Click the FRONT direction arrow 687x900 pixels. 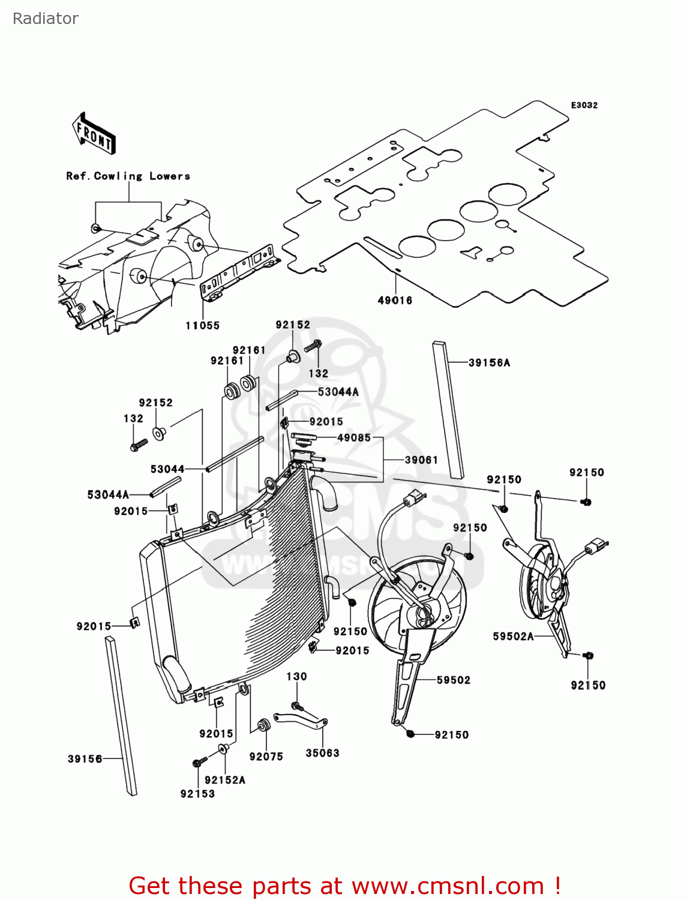tap(94, 133)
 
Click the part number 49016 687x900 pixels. tap(395, 301)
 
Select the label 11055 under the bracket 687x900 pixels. tap(202, 326)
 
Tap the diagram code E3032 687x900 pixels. tap(584, 105)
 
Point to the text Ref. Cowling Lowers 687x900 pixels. tap(128, 176)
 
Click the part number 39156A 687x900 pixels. tap(489, 362)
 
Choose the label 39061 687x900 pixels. tap(421, 460)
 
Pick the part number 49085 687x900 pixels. tap(354, 437)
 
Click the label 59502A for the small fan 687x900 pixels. tap(513, 636)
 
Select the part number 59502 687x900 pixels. tap(454, 680)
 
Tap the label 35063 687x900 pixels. tap(322, 753)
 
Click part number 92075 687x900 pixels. tap(266, 757)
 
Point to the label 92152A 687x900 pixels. tap(225, 780)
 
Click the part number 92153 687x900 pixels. tap(197, 794)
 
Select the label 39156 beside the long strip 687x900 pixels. tap(85, 759)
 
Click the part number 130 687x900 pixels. tap(296, 676)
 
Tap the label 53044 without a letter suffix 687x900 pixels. tap(167, 469)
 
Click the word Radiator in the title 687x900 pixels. tap(46, 19)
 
